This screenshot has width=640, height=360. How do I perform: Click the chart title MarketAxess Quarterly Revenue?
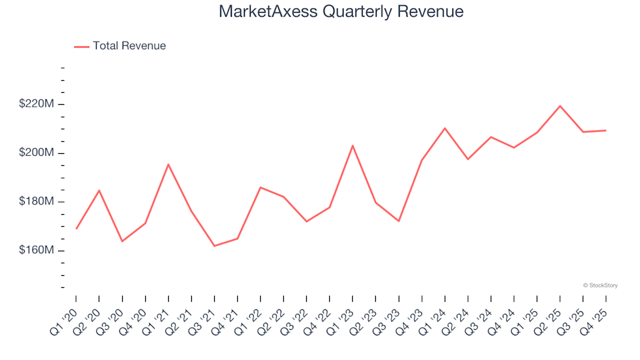341,12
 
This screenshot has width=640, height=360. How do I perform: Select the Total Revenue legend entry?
120,46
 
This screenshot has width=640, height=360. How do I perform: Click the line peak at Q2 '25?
560,106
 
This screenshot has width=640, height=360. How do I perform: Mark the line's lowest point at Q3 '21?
215,246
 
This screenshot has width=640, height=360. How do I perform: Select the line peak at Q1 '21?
168,164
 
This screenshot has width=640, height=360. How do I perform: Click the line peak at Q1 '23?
353,145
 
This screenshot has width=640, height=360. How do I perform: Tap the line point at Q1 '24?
445,128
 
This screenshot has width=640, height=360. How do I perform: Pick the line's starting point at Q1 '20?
77,229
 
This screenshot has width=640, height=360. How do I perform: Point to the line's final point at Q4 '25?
605,131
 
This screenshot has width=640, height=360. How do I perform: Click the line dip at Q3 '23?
399,221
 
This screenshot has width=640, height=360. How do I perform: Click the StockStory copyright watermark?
600,285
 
